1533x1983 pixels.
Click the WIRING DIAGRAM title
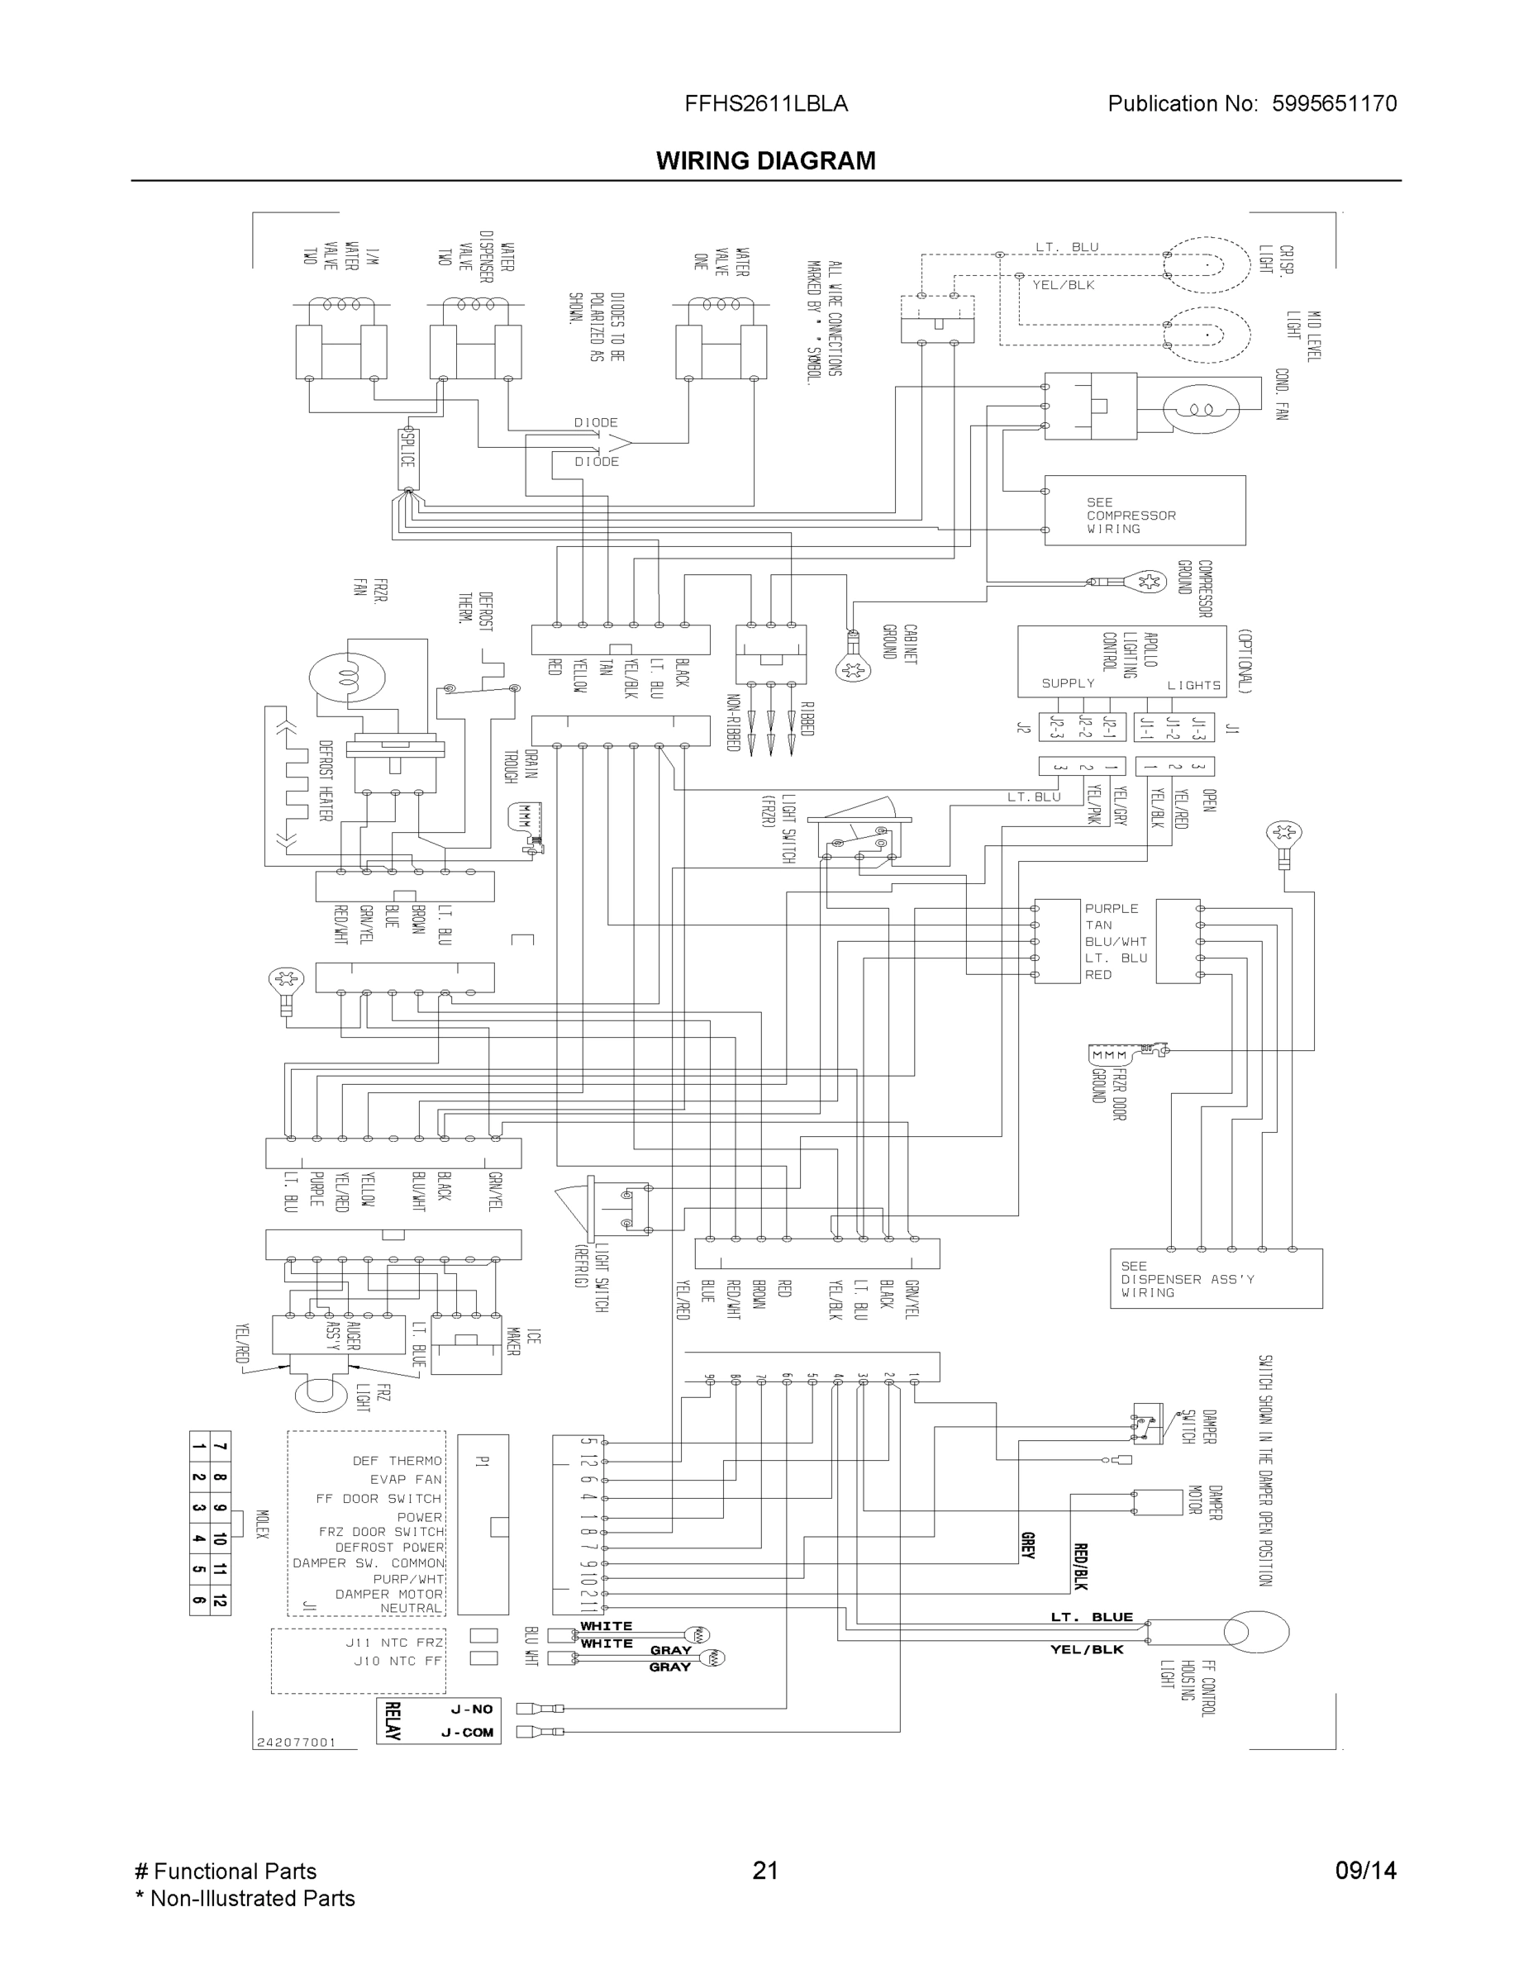(x=765, y=161)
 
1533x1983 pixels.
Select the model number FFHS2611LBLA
(x=765, y=103)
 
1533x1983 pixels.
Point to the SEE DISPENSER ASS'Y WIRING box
(x=1215, y=1278)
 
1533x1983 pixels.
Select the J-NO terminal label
(x=471, y=1709)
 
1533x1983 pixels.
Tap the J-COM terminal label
(x=468, y=1733)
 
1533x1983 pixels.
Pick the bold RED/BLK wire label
(x=1081, y=1567)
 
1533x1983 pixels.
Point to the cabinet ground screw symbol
(x=853, y=670)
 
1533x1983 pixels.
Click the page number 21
(x=765, y=1871)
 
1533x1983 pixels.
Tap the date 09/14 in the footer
(x=1365, y=1871)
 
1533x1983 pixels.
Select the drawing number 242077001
(x=296, y=1743)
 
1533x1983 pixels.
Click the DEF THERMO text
(x=397, y=1461)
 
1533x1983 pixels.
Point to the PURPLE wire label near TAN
(x=1111, y=908)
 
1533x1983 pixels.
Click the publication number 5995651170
(x=1334, y=103)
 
